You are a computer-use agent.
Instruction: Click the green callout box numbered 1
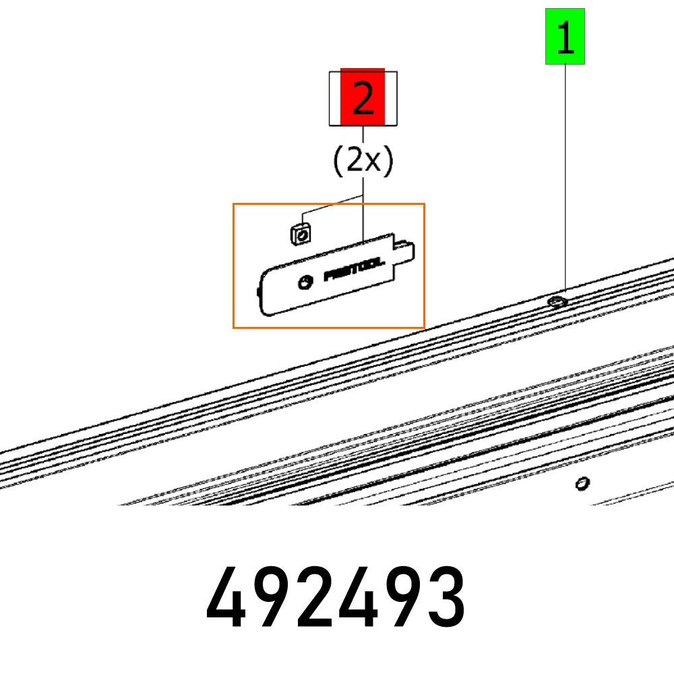pyautogui.click(x=565, y=36)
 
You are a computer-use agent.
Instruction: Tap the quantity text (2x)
pyautogui.click(x=363, y=162)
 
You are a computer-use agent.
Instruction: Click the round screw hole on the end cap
pyautogui.click(x=305, y=282)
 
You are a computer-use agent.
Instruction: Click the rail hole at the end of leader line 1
pyautogui.click(x=557, y=301)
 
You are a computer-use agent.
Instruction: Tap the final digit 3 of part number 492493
pyautogui.click(x=446, y=596)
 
